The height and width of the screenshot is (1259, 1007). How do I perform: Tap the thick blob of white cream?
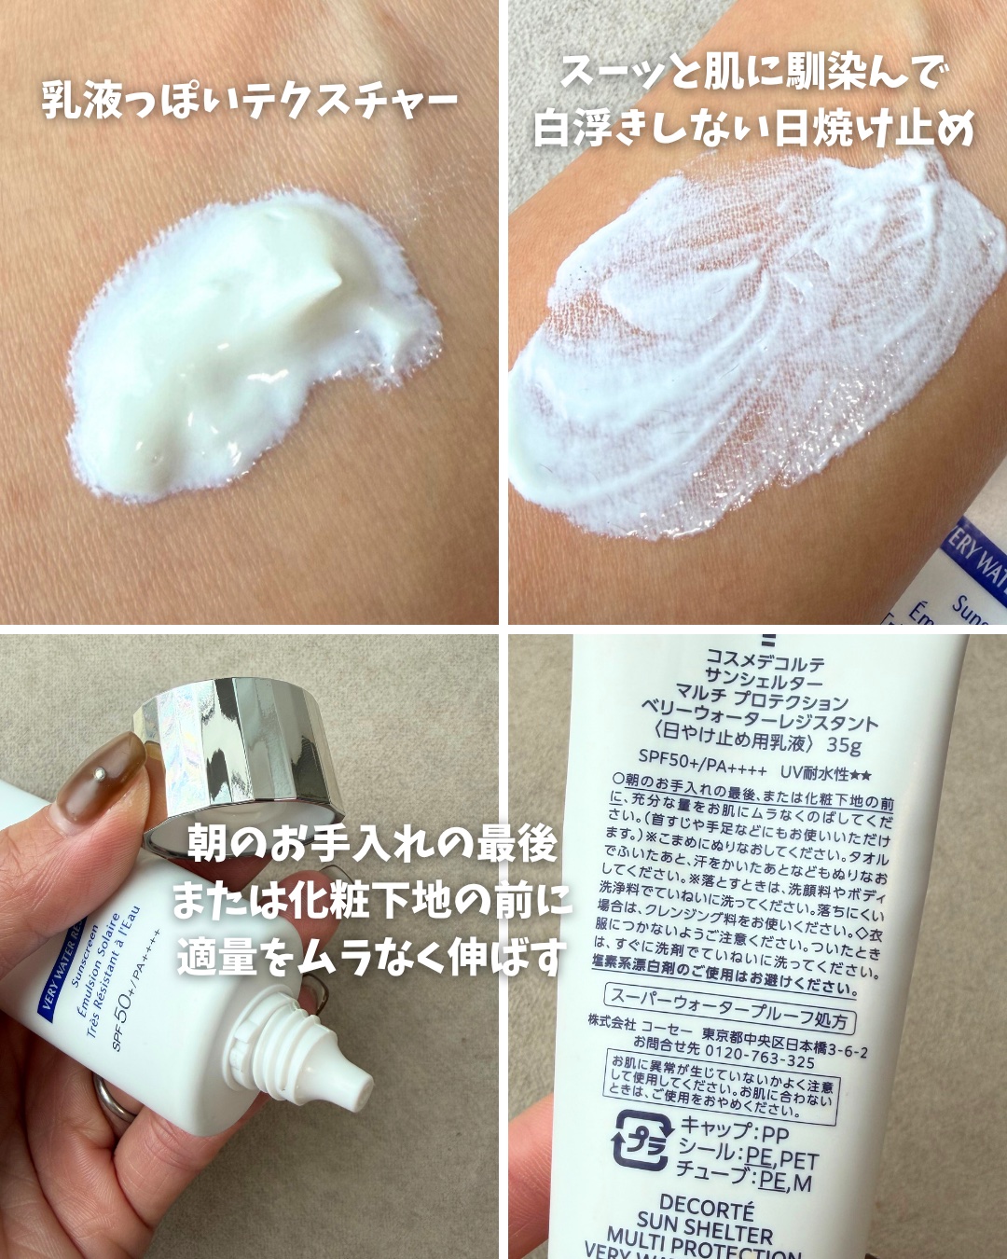[x=242, y=354]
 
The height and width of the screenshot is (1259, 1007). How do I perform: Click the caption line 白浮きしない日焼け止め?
[x=753, y=128]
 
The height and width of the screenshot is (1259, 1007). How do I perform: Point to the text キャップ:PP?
[x=734, y=1131]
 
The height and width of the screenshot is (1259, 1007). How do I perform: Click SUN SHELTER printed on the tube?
[x=705, y=1227]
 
